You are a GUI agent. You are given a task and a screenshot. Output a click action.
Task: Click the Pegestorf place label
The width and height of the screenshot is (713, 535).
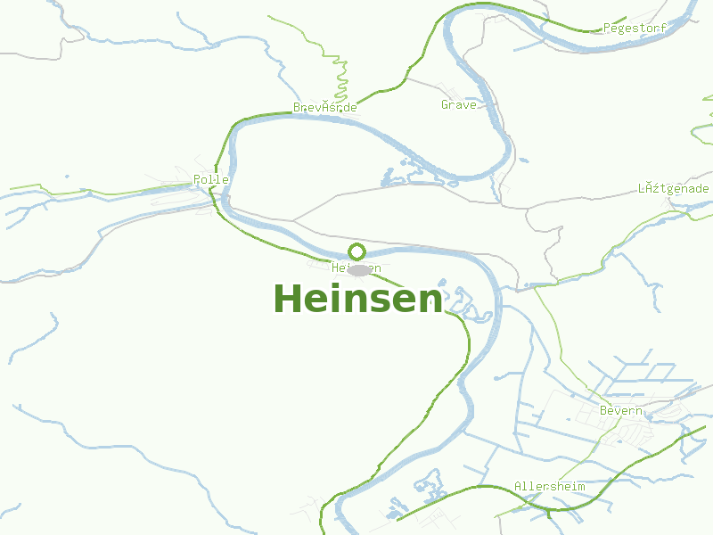click(635, 29)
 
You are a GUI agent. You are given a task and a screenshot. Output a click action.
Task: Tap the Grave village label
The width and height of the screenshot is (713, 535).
click(459, 105)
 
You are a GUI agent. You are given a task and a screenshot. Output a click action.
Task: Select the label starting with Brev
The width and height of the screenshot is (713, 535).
click(325, 108)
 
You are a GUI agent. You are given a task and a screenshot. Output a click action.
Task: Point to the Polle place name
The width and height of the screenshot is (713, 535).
click(211, 180)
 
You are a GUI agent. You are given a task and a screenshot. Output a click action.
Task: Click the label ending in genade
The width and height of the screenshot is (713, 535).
click(674, 189)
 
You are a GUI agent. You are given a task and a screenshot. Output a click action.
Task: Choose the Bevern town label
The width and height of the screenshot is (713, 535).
click(621, 411)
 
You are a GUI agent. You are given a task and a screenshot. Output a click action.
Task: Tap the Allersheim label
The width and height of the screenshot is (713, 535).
click(550, 487)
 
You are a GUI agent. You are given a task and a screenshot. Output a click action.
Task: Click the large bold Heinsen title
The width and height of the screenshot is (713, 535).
click(357, 299)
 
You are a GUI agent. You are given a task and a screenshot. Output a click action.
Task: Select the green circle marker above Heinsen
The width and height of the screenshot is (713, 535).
click(357, 251)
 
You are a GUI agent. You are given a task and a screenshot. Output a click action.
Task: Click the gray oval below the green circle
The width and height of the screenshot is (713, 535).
click(359, 269)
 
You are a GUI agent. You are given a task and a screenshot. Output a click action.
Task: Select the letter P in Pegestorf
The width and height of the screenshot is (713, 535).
click(607, 29)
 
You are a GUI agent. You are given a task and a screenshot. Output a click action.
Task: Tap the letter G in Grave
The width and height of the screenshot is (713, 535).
click(445, 105)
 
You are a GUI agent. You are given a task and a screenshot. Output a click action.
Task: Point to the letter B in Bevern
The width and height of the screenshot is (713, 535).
click(603, 411)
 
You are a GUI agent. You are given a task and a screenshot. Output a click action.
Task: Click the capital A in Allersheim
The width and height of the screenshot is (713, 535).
click(518, 487)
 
